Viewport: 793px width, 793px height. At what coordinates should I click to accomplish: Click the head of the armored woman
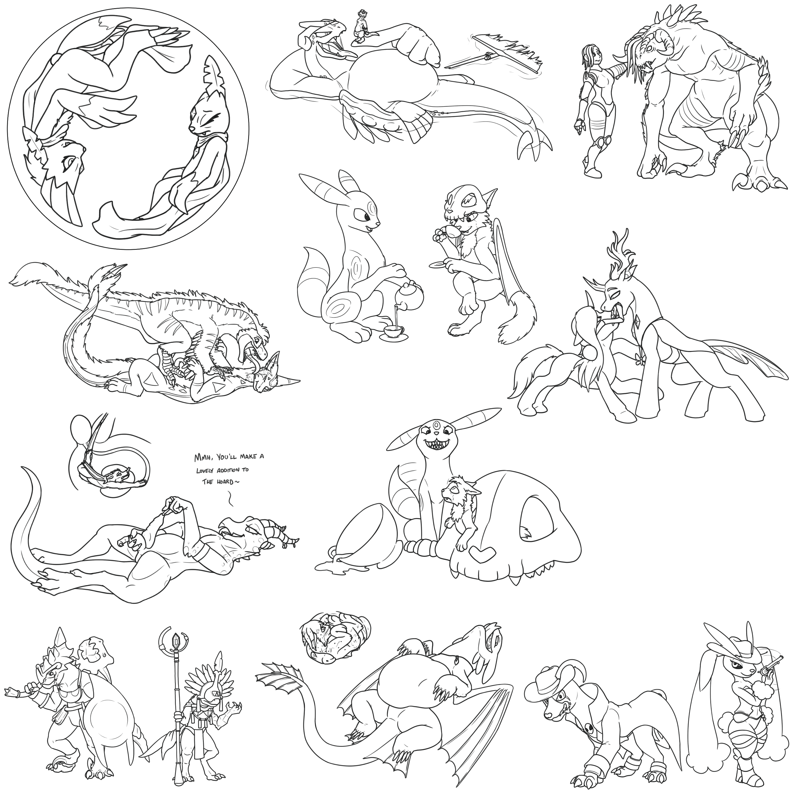[591, 57]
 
